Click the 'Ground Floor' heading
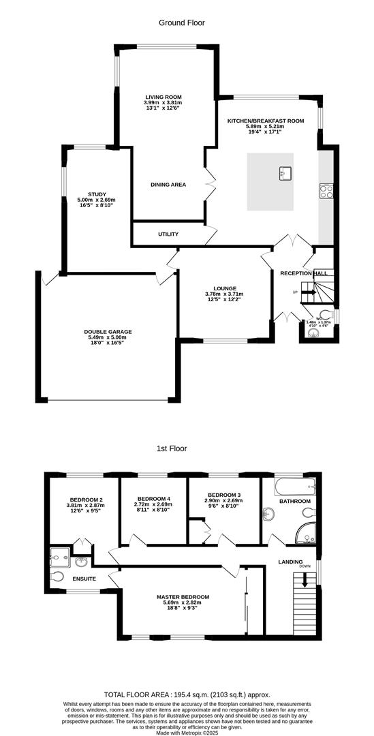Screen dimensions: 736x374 pos(182,22)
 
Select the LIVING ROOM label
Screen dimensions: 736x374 pos(163,97)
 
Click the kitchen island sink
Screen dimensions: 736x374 pos(285,173)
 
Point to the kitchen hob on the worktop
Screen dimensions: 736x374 pos(326,190)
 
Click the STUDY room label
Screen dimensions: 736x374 pos(87,194)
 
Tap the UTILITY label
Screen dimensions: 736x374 pos(168,234)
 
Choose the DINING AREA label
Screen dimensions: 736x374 pos(168,185)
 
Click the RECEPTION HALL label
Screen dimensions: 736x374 pos(304,273)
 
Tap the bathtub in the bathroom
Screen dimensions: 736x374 pos(295,487)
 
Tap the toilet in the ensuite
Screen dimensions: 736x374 pos(57,577)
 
